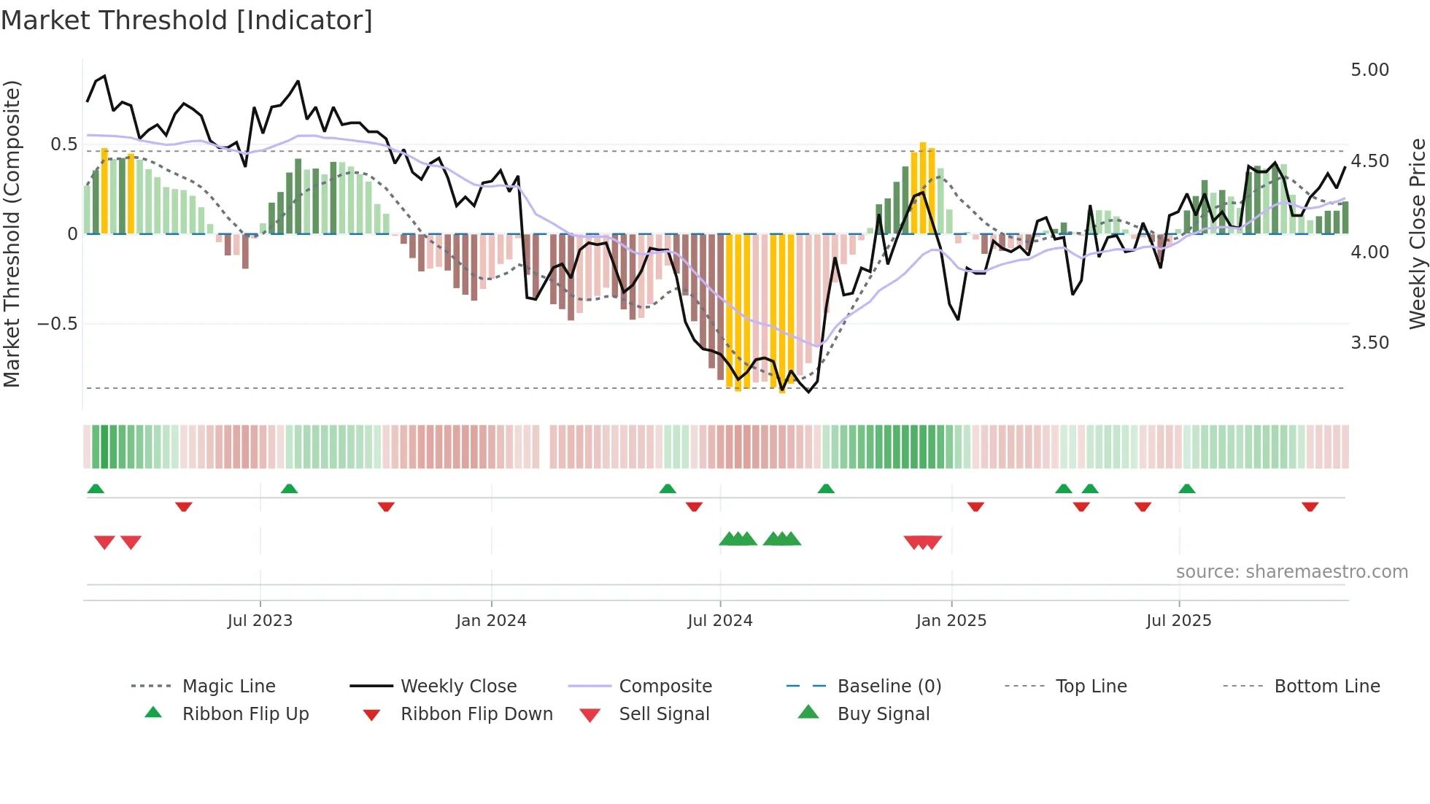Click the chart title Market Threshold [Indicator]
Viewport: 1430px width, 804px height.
pos(187,20)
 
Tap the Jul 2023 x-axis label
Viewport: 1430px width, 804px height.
pos(260,621)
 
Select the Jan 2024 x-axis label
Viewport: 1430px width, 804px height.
pos(491,621)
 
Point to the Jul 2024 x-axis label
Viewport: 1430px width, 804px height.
pos(720,621)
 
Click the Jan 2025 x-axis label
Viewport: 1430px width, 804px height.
pos(951,621)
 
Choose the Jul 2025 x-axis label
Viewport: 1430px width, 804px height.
pos(1179,621)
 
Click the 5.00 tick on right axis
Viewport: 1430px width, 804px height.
pos(1369,70)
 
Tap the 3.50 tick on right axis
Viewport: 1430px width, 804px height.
pos(1369,343)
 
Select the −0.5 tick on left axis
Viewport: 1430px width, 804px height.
pos(58,324)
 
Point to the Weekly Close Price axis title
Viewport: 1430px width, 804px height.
pos(1417,233)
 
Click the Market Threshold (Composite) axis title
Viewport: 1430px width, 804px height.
pos(12,233)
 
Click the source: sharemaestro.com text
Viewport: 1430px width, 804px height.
pos(1291,572)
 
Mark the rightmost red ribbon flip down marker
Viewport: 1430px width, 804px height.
pos(1310,506)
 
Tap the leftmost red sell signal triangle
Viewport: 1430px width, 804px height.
pos(104,542)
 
